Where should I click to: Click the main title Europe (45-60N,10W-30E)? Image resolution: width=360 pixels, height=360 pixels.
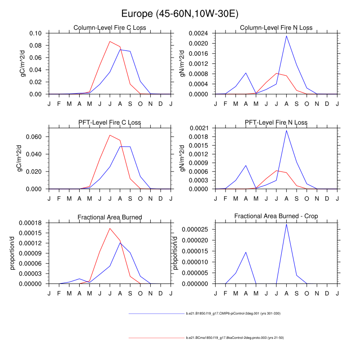180,13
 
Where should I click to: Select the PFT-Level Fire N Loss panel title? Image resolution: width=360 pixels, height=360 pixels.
276,122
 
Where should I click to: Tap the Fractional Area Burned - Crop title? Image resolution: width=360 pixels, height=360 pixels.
276,216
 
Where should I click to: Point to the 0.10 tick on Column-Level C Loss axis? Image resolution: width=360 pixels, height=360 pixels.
35,33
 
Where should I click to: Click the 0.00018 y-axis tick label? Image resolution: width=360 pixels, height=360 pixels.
30,223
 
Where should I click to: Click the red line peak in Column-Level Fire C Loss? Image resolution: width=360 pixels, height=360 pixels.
110,41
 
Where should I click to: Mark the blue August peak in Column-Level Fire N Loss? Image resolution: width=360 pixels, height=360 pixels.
286,36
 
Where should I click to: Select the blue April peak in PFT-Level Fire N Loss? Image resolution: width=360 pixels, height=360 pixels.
246,166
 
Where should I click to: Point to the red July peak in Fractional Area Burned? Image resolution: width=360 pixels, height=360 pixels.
110,228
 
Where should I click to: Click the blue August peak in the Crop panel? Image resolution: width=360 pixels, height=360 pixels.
286,224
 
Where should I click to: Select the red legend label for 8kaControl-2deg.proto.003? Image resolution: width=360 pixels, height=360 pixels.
234,337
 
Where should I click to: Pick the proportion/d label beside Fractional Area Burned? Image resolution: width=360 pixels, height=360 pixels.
13,253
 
